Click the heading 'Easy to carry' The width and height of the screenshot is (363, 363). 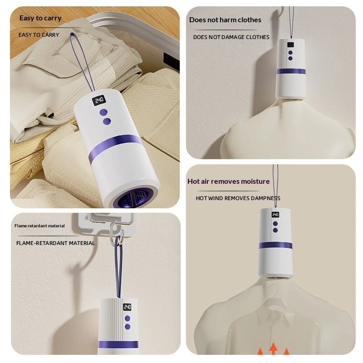pos(40,18)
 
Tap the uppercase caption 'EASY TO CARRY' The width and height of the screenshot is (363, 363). pos(39,35)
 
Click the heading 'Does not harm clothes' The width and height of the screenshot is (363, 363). pos(225,20)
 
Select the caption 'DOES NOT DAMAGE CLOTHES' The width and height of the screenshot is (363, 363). pos(231,37)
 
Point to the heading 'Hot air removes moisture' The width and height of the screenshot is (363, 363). pos(229,181)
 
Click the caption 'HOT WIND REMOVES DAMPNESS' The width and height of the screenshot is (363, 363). pos(238,198)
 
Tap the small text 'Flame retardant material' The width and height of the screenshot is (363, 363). pos(39,226)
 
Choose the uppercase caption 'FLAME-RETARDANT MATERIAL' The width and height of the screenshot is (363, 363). pos(55,243)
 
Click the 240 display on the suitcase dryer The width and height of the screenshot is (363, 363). pos(99,100)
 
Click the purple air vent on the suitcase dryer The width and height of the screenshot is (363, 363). pos(134,198)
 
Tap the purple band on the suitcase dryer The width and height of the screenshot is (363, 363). pos(115,145)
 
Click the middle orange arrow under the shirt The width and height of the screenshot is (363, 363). pos(274,348)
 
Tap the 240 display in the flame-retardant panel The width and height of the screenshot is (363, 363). pos(127,307)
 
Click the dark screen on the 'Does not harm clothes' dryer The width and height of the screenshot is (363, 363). pos(290,45)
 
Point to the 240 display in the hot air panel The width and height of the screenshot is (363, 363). pos(275,215)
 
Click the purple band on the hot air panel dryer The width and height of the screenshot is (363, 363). pos(275,245)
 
